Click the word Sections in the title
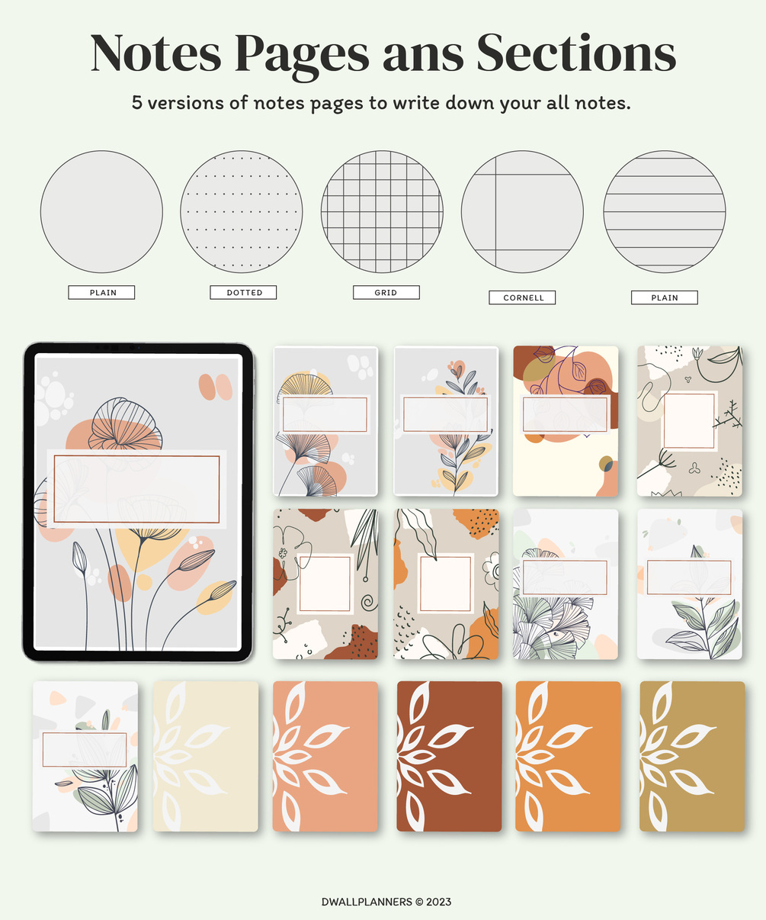pos(576,53)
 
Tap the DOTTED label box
pos(243,292)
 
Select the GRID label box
pos(386,292)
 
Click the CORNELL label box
pos(522,298)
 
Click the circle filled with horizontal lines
pos(665,211)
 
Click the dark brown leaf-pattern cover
pos(449,756)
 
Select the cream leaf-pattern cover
pos(206,756)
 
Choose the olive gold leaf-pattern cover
pos(692,756)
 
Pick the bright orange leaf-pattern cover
pos(568,756)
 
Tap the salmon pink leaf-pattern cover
pos(325,756)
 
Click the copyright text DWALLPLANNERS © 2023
pos(386,902)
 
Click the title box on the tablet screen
pos(136,489)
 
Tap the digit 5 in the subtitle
pos(137,103)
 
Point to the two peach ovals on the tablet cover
pos(215,387)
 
